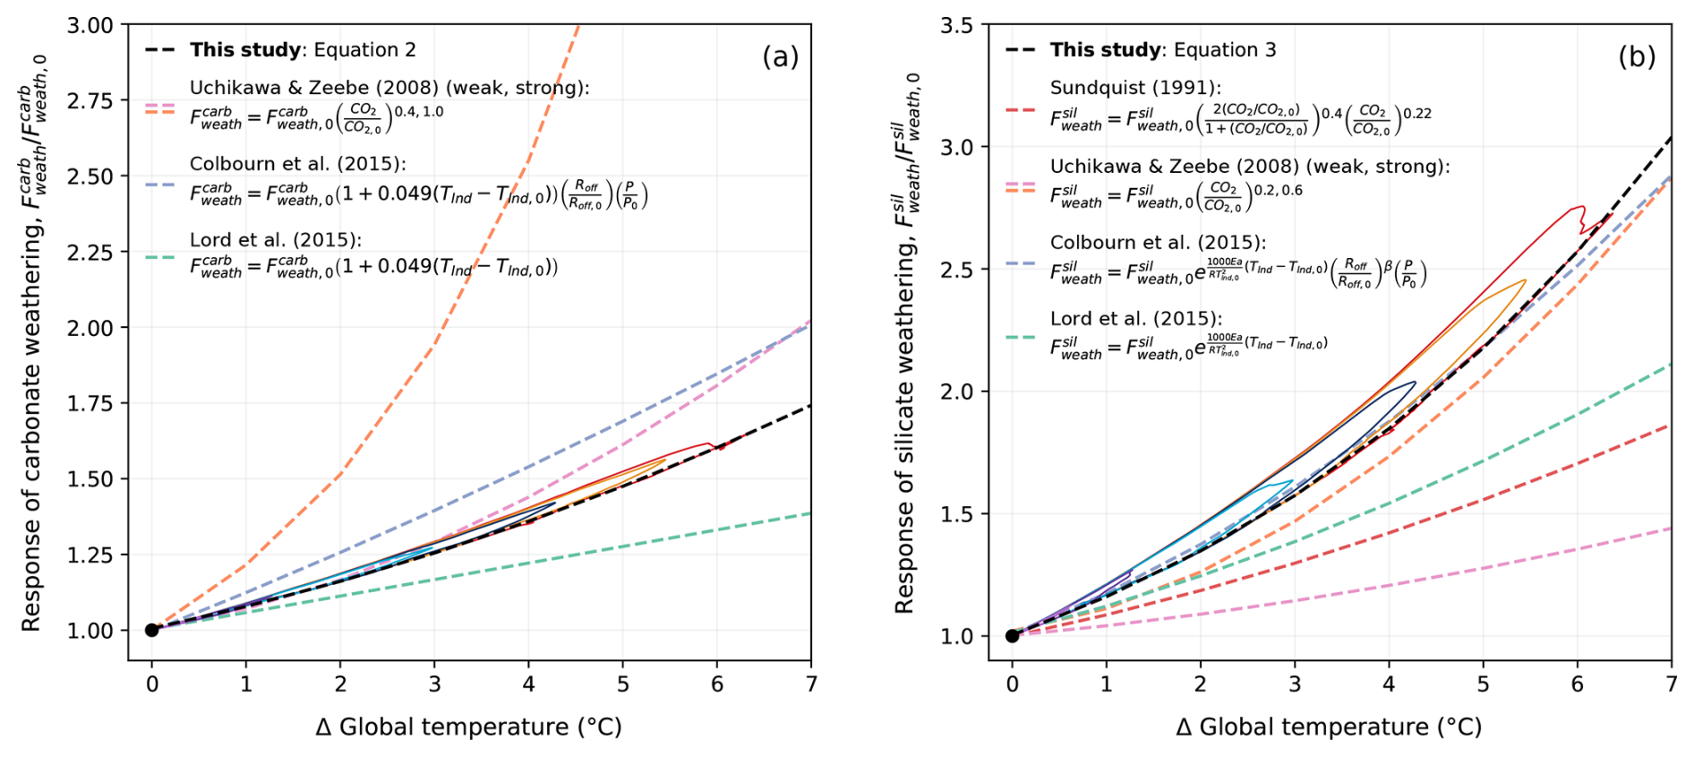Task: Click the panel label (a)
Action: pyautogui.click(x=780, y=56)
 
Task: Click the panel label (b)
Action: pyautogui.click(x=1637, y=56)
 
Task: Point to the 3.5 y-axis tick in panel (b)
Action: pyautogui.click(x=957, y=25)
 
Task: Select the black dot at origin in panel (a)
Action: pyautogui.click(x=152, y=630)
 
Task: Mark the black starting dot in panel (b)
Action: pyautogui.click(x=1013, y=636)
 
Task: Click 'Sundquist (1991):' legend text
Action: pyautogui.click(x=1135, y=88)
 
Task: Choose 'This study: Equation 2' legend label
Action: pyautogui.click(x=303, y=50)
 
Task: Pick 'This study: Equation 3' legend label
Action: pyautogui.click(x=1163, y=50)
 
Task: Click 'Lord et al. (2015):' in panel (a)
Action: pyautogui.click(x=276, y=240)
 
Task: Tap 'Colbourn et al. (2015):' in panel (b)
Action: pyautogui.click(x=1158, y=243)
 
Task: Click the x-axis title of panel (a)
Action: pyautogui.click(x=468, y=727)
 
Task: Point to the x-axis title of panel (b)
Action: pyautogui.click(x=1329, y=727)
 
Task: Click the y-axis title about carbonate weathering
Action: pyautogui.click(x=33, y=342)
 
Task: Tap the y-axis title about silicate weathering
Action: pyautogui.click(x=906, y=344)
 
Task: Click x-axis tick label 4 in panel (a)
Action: pyautogui.click(x=529, y=684)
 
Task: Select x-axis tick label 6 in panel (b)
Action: pyautogui.click(x=1578, y=684)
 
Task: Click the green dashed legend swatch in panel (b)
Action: pyautogui.click(x=1021, y=338)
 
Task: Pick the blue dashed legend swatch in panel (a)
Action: pyautogui.click(x=160, y=185)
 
